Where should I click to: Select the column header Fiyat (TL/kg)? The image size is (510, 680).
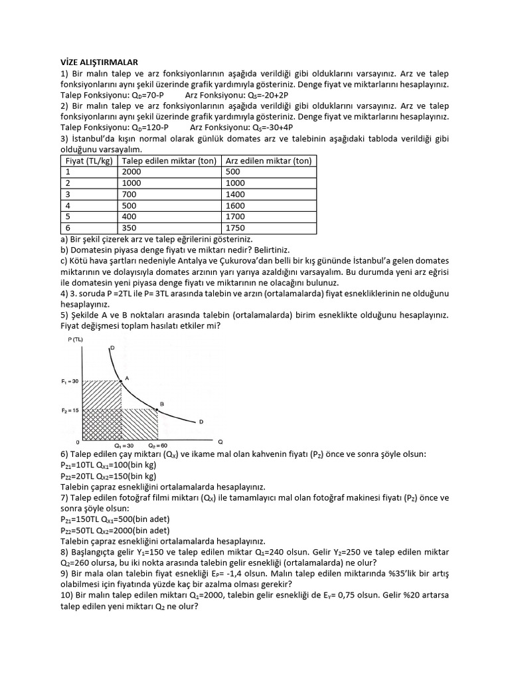coord(90,161)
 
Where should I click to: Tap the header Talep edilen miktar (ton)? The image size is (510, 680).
coord(171,161)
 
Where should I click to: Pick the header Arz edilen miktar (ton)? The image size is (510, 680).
coord(268,161)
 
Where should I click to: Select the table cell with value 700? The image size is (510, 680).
coord(131,195)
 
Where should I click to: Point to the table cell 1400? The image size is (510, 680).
coord(236,195)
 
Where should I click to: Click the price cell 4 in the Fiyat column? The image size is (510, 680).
coord(68,206)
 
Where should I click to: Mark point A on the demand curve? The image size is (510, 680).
coord(121,380)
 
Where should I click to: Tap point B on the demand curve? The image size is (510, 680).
coord(157,410)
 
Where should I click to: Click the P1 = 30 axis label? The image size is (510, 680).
coord(70,381)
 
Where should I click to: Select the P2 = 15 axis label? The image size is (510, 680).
coord(70,410)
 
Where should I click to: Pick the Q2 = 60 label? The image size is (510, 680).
coord(157,445)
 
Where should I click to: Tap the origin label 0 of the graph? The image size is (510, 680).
coord(78,442)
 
